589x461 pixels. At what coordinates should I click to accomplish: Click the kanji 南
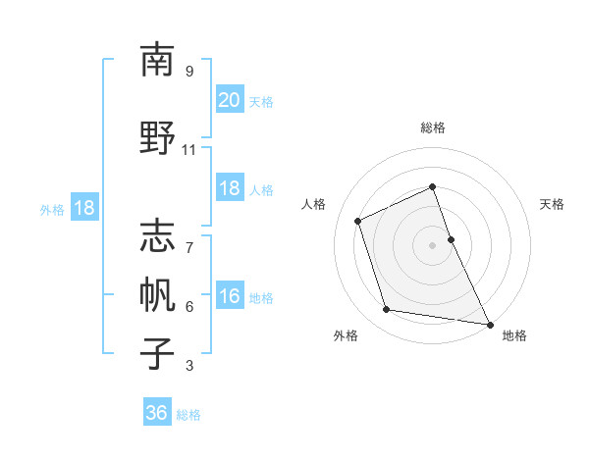click(157, 60)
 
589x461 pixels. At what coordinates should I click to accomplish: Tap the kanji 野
click(157, 136)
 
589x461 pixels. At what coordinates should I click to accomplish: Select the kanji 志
click(157, 234)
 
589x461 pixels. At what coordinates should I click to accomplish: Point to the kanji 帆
click(157, 293)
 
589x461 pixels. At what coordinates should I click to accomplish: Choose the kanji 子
click(157, 352)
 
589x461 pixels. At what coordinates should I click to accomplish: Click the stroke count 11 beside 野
click(189, 150)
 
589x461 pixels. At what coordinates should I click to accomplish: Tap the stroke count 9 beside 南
click(189, 72)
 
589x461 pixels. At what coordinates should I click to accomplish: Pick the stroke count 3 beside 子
click(189, 366)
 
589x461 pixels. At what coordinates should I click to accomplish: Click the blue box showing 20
click(229, 99)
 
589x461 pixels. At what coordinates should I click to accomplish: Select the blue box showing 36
click(157, 413)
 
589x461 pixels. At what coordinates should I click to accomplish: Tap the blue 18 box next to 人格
click(229, 188)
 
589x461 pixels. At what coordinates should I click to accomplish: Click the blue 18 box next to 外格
click(83, 208)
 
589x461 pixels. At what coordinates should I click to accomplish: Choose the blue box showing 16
click(229, 296)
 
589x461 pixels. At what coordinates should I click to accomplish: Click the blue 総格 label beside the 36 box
click(188, 415)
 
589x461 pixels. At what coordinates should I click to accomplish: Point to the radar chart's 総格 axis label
click(433, 128)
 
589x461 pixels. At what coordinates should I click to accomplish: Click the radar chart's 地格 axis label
click(514, 336)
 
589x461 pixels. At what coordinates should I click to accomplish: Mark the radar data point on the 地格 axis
click(489, 323)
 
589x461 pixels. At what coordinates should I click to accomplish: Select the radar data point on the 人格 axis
click(358, 220)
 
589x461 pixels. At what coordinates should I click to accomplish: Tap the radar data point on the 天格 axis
click(451, 238)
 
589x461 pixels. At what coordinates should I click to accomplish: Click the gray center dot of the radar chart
click(433, 244)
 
